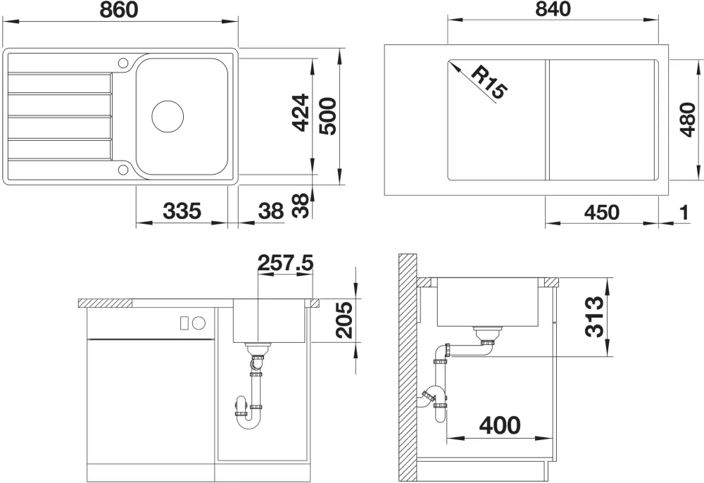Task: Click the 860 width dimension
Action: coord(118,10)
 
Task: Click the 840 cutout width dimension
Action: coord(553,9)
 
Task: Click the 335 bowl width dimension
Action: coord(182,211)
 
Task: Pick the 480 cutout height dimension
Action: coord(687,120)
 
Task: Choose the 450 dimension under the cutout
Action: coord(602,213)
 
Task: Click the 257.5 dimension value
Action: coord(286,263)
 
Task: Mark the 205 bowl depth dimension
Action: coord(345,320)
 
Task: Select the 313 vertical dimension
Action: coord(595,316)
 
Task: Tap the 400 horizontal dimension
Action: coord(500,425)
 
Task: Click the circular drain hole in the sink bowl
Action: coord(168,116)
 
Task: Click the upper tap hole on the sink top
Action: coord(123,63)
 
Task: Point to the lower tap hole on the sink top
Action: coord(123,169)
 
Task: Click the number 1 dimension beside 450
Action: coord(684,213)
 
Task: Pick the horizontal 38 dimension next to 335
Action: coord(271,211)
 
